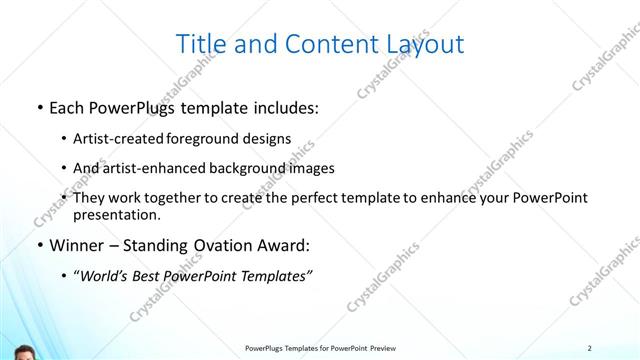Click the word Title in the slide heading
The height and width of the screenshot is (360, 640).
click(199, 44)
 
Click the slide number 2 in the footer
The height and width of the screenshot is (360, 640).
click(590, 348)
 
